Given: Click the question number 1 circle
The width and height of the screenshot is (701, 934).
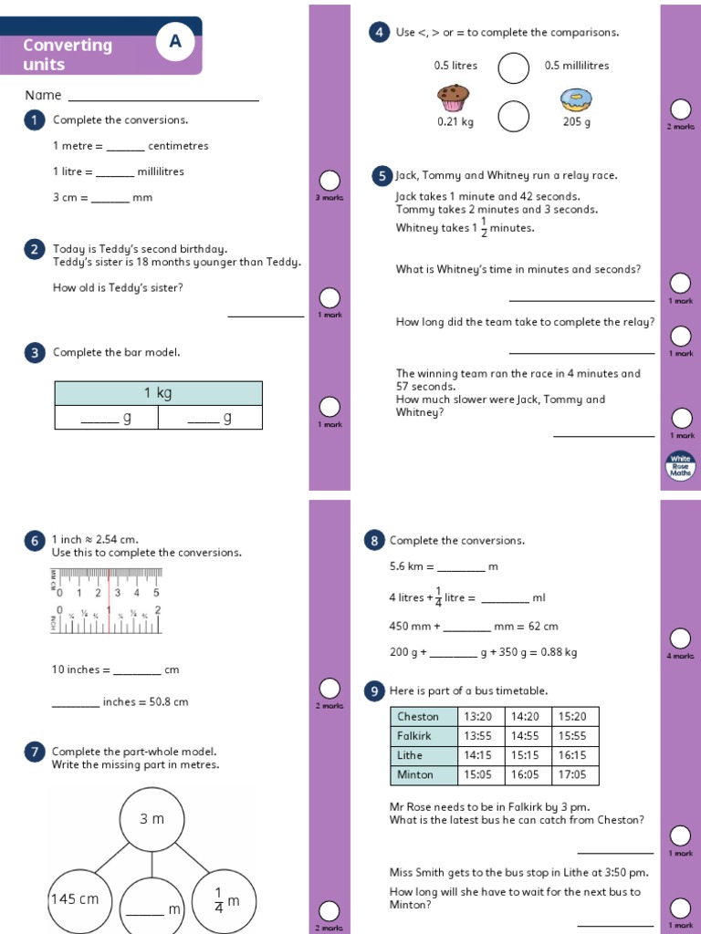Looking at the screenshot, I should point(35,120).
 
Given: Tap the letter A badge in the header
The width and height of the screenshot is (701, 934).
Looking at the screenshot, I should point(175,42).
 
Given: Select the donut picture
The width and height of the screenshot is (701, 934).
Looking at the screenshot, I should point(576,99).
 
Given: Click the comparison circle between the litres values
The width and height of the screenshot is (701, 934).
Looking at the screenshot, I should point(514,67).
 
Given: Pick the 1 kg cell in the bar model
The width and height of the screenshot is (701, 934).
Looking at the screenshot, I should point(158,393).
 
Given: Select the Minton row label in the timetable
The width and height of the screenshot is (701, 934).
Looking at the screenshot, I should point(424,774).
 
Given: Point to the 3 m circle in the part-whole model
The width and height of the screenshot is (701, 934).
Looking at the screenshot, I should point(152,819).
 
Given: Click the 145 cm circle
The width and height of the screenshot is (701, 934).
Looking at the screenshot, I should point(75,899).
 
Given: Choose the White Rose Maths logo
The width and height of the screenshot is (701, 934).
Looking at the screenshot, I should point(681,466).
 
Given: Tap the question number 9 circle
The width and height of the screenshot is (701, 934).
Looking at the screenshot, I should point(373,691).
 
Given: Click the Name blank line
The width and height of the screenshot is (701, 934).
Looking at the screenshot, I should point(163,97).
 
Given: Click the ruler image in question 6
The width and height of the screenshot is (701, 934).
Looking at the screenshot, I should point(106,600).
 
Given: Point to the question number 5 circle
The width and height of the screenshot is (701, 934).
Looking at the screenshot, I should point(380,175).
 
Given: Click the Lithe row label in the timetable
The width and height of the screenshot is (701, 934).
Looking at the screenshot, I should point(424,755).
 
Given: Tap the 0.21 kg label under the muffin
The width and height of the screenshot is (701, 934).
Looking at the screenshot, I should point(455,122).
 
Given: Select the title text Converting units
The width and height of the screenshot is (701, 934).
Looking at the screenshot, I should point(68,55).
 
